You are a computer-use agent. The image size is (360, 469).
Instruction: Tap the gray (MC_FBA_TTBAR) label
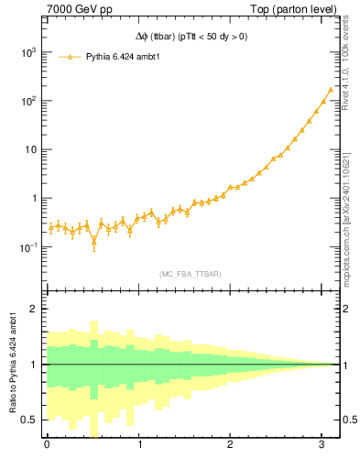(190, 274)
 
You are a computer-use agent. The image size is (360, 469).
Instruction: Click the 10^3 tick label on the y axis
(27, 52)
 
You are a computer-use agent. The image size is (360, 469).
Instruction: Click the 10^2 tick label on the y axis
(27, 101)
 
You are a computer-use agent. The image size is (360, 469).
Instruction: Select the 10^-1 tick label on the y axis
(27, 246)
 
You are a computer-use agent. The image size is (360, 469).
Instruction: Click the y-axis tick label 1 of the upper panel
(35, 198)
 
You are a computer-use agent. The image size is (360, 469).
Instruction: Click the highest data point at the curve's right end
(330, 90)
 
